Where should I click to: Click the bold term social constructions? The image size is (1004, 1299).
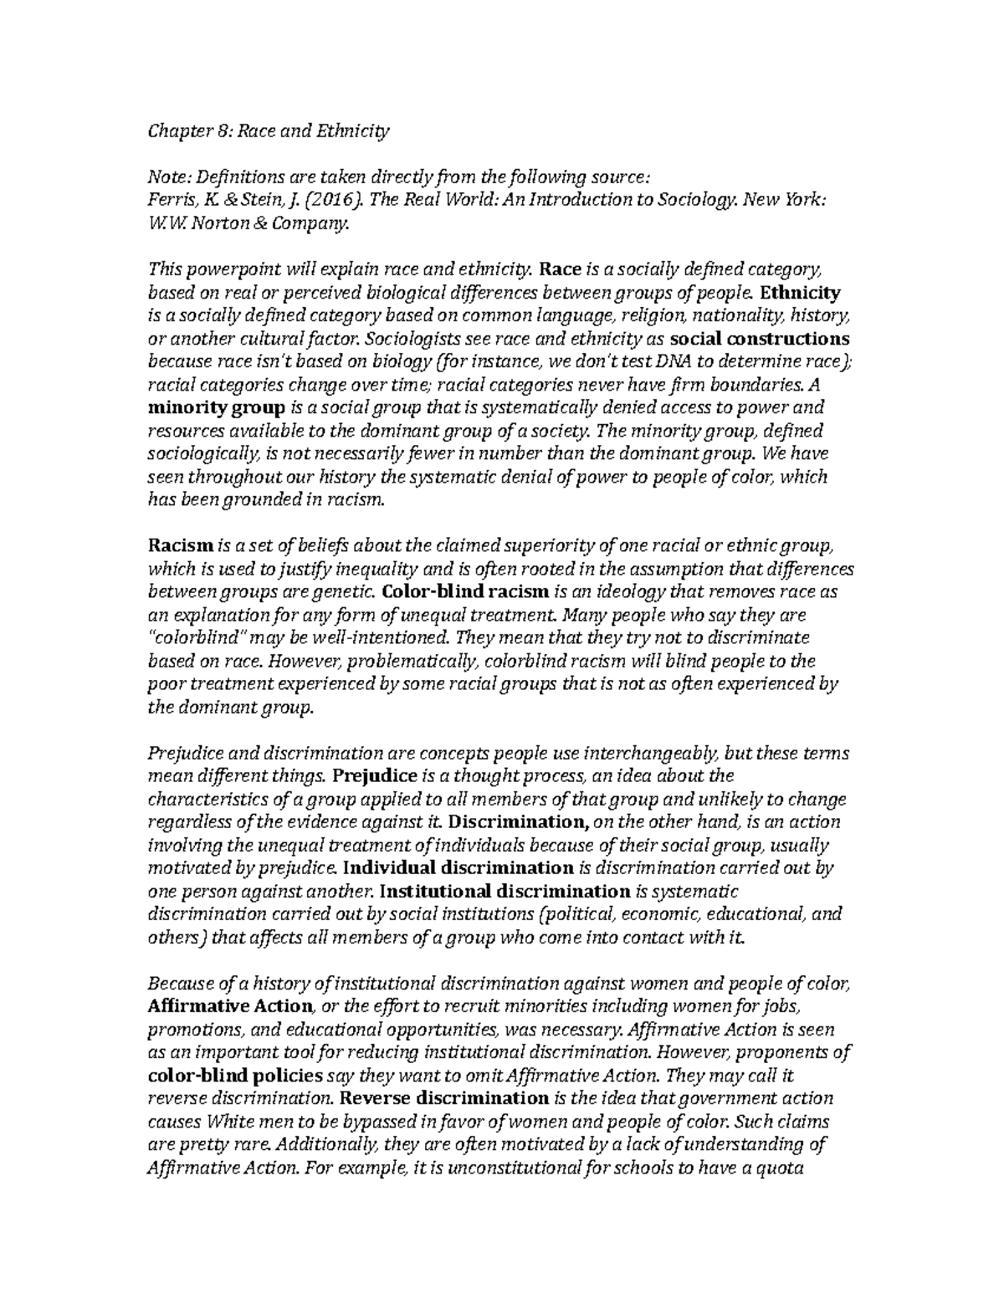click(760, 339)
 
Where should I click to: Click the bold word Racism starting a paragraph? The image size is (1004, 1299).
click(181, 545)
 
